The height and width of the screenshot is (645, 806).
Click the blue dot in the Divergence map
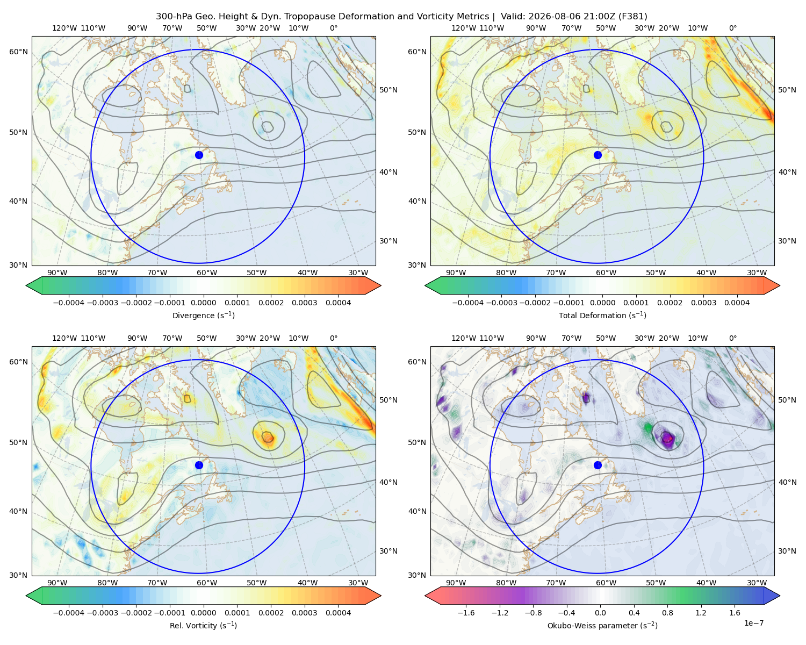(199, 155)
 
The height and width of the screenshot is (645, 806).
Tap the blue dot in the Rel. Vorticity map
(199, 465)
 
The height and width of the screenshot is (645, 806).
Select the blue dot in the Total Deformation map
(598, 155)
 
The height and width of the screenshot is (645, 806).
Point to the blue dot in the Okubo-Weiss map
(598, 465)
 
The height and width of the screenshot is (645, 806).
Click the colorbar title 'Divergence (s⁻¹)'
(203, 315)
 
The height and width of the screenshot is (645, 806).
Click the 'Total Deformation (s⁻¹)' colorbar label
(602, 315)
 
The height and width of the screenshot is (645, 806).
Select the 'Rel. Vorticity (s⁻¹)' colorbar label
(203, 625)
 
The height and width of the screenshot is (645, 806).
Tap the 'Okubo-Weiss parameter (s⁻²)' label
(602, 625)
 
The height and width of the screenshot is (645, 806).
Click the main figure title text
(401, 17)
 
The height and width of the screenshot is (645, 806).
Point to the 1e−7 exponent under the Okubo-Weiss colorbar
(753, 623)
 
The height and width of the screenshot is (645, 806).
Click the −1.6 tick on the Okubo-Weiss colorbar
(466, 612)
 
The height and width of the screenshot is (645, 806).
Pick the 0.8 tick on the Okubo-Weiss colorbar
(667, 612)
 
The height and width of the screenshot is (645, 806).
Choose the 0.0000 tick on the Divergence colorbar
(203, 303)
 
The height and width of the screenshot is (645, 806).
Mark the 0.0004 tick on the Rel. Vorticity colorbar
(338, 612)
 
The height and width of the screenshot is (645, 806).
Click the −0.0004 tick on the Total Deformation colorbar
(468, 303)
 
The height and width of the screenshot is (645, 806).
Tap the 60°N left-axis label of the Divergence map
(18, 52)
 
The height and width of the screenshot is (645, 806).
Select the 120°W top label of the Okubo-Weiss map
(464, 338)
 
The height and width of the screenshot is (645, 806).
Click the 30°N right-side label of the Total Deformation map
(787, 241)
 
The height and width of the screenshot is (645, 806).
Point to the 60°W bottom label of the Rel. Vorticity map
(207, 583)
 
